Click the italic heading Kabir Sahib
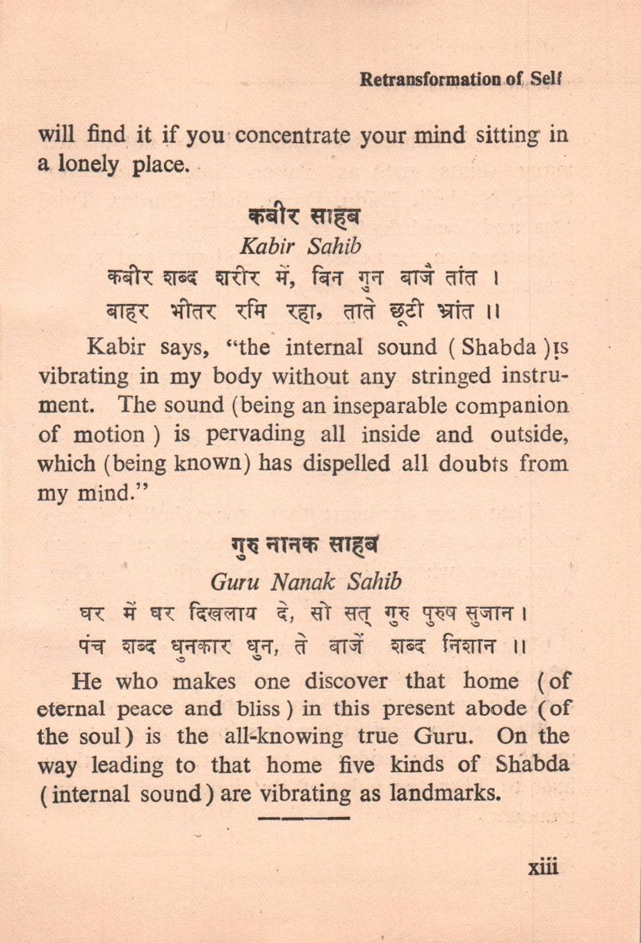(x=300, y=246)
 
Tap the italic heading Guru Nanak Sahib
(x=306, y=581)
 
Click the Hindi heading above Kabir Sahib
(x=303, y=216)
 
